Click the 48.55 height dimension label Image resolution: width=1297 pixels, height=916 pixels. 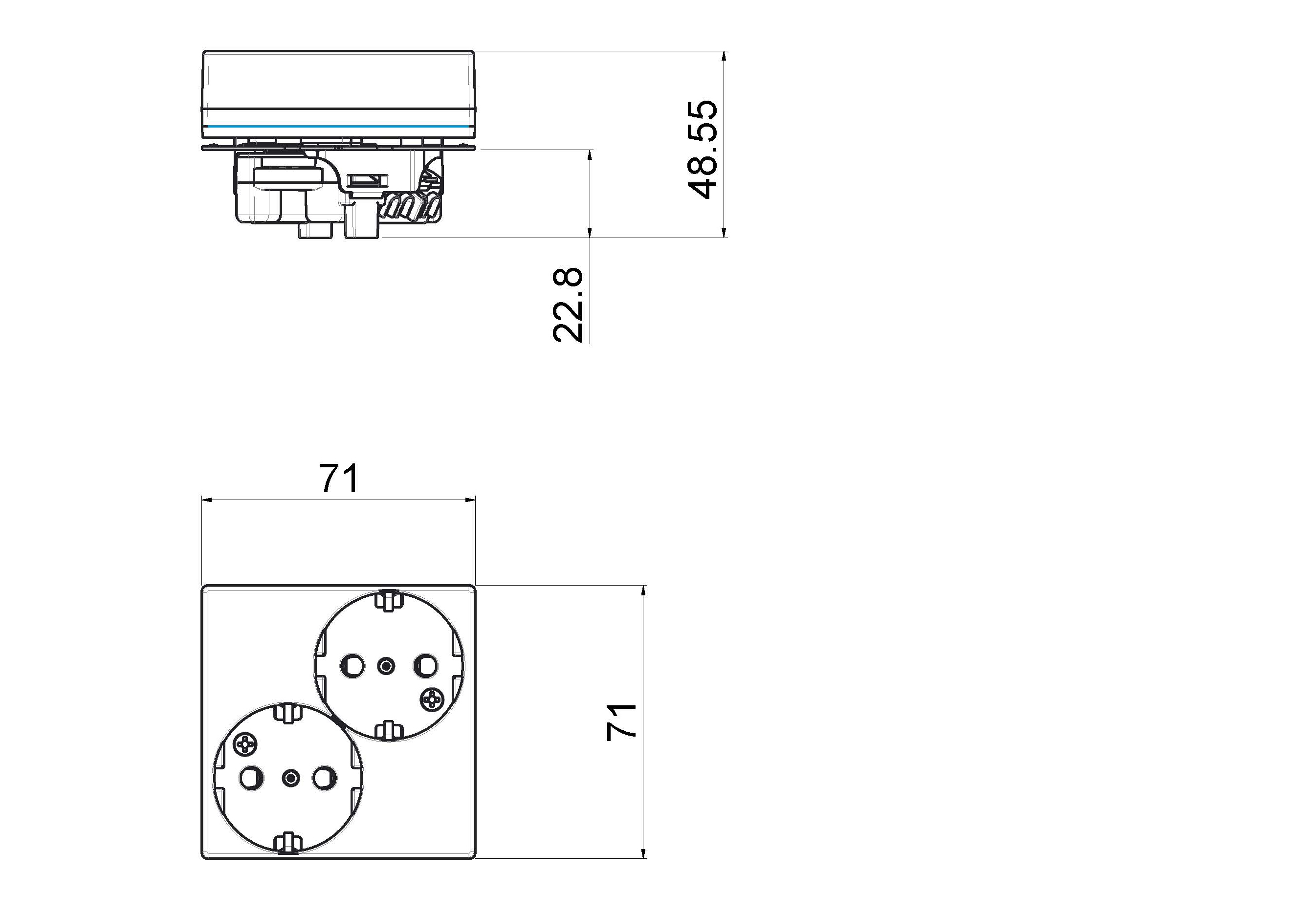pos(702,150)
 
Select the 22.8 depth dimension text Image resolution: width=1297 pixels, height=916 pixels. pos(567,305)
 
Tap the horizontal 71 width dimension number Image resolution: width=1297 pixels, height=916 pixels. pos(339,479)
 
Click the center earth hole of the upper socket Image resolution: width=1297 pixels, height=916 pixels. pos(386,666)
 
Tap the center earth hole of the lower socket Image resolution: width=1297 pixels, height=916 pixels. pos(290,778)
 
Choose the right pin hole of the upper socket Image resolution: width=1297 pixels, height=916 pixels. pos(425,666)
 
